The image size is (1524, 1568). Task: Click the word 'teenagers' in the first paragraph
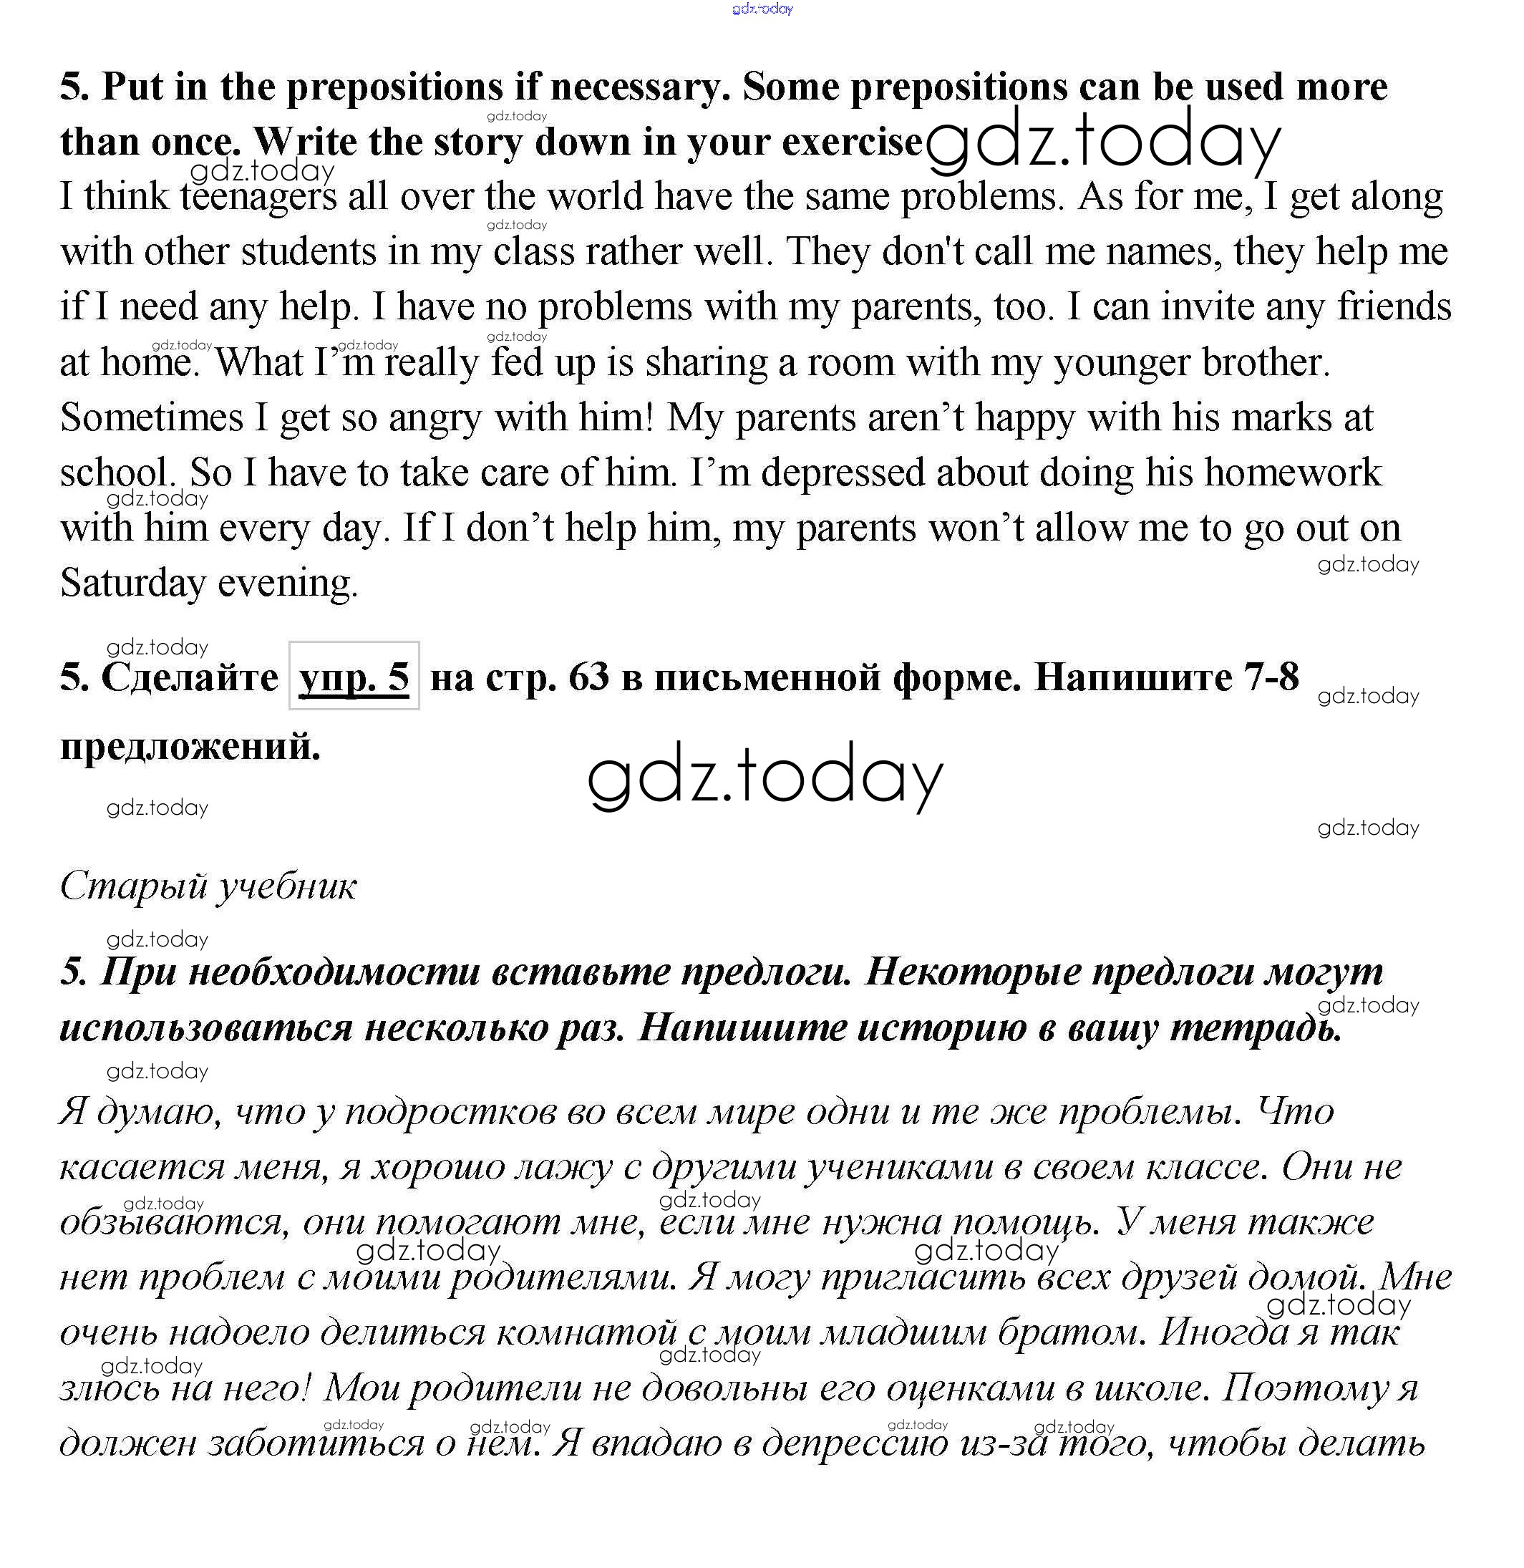point(258,197)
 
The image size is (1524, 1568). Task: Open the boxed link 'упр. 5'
point(354,678)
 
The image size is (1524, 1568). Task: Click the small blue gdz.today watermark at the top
point(762,9)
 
